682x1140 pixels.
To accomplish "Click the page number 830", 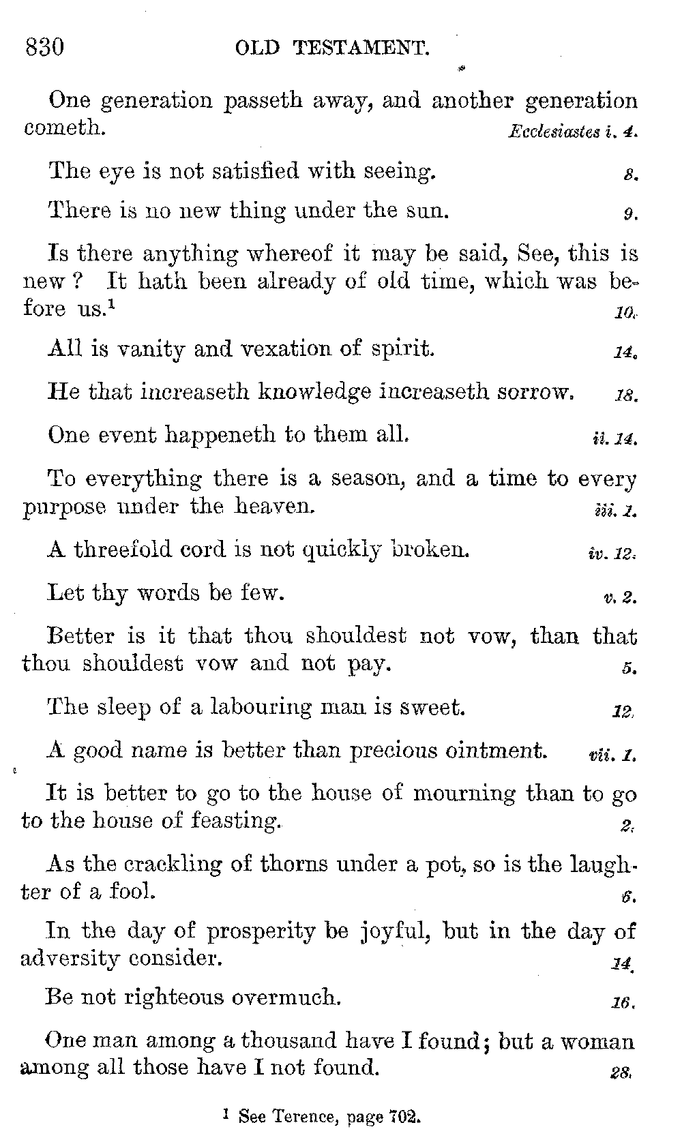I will point(44,48).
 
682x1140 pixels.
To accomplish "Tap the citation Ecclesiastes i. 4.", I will point(572,132).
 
